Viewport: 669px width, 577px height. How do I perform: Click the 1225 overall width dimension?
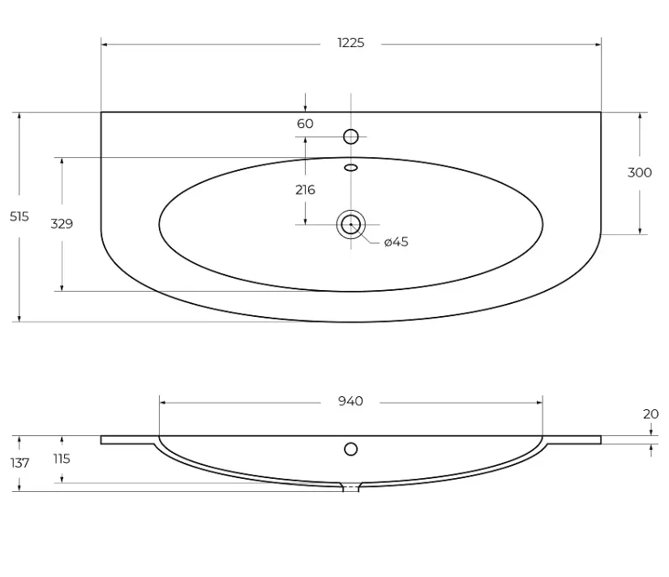tap(350, 43)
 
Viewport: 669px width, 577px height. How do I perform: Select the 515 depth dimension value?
tap(19, 216)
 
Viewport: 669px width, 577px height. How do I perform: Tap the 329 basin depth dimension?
tap(62, 224)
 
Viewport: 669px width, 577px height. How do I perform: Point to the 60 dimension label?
tap(305, 123)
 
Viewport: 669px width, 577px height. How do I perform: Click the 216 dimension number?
tap(305, 190)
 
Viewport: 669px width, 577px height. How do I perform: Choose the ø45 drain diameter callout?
tap(397, 241)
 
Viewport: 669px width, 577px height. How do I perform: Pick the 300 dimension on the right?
tap(640, 173)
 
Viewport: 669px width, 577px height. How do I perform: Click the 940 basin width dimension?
tap(350, 401)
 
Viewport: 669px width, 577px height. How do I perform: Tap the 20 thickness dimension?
tap(650, 413)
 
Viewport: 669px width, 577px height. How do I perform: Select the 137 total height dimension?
tap(19, 463)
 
